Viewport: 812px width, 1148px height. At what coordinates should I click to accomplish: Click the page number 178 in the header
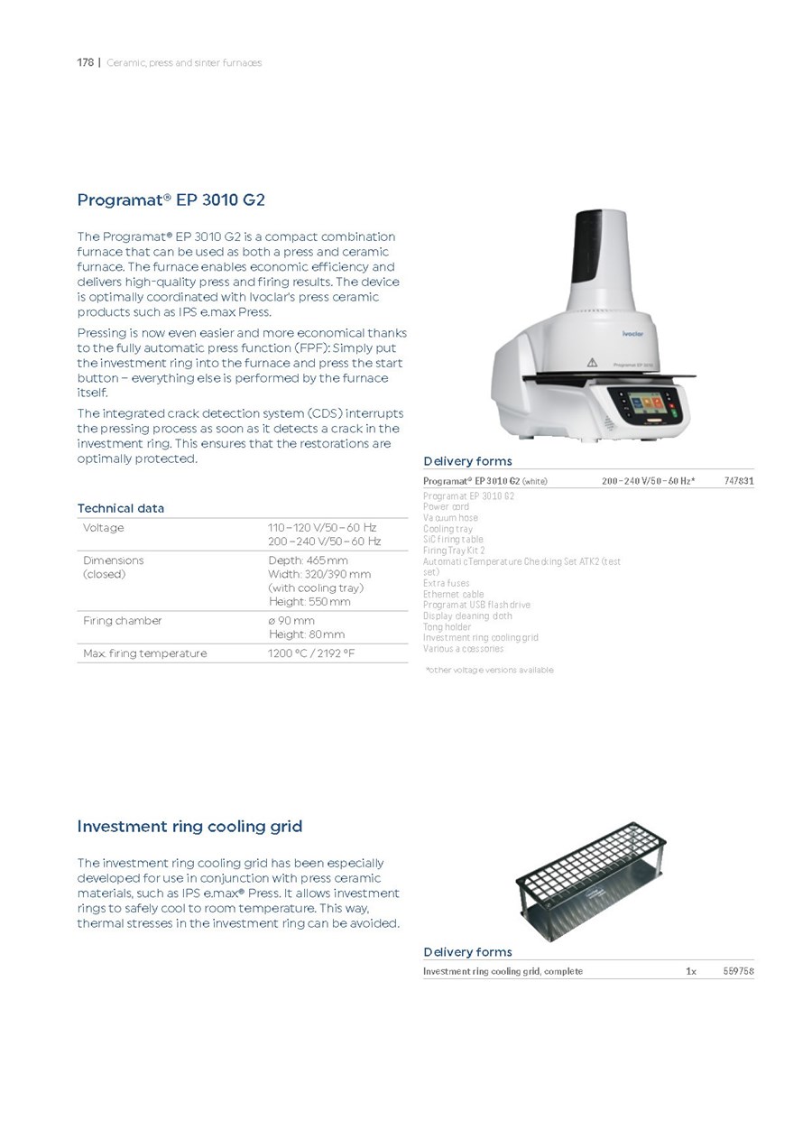coord(85,62)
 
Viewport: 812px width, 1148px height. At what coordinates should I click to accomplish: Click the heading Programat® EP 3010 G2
coord(171,199)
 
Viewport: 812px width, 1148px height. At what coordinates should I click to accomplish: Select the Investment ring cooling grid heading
coord(189,826)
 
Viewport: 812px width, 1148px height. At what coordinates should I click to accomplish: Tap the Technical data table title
coord(121,508)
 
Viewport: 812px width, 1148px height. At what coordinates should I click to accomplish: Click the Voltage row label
coord(103,527)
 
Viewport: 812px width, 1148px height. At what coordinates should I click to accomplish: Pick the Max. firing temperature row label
coord(144,653)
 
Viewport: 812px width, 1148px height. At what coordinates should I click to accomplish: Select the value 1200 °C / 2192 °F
coord(311,653)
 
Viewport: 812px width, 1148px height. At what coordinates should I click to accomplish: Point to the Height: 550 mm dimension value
coord(309,601)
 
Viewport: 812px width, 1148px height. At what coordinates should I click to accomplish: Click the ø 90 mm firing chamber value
coord(291,620)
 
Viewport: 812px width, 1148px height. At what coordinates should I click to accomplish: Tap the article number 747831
coord(738,481)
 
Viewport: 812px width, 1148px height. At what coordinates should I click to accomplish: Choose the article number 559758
coord(738,971)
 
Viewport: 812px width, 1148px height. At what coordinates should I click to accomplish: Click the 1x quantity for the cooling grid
coord(690,971)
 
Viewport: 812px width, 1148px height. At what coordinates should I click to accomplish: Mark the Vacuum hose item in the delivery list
coord(450,518)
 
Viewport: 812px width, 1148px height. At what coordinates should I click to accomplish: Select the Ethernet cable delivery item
coord(453,594)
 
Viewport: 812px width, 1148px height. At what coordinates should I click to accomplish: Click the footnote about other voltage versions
coord(489,670)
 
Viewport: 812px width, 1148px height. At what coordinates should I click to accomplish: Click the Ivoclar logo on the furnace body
coord(632,333)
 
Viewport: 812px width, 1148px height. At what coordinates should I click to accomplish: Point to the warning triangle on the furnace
coord(592,362)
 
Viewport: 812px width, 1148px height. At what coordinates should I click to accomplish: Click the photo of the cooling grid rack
coord(591,879)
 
